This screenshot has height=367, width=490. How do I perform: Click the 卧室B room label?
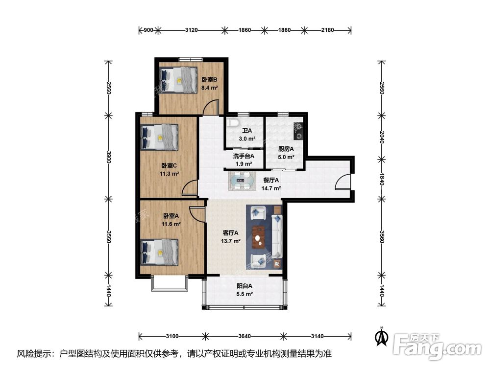(x=209, y=80)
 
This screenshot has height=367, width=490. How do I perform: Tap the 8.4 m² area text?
(x=209, y=88)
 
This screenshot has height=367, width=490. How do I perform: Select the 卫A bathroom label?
(x=247, y=131)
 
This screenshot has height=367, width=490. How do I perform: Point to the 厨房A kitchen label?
(x=286, y=149)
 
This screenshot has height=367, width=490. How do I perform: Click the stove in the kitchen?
(x=298, y=131)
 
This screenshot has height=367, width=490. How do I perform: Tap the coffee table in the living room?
(x=258, y=237)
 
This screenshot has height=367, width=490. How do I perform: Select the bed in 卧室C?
(x=159, y=137)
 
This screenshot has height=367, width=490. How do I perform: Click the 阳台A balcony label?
(x=244, y=286)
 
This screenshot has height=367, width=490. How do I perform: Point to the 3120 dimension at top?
(x=191, y=30)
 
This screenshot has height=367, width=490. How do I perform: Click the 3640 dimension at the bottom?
(x=245, y=336)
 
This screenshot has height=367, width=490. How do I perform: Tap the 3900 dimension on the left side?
(x=108, y=157)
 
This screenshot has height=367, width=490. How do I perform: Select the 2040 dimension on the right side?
(x=382, y=137)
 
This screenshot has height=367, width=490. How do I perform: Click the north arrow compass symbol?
(x=382, y=336)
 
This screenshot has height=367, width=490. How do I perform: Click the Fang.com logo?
(x=437, y=346)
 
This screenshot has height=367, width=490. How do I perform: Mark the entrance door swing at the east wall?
(x=343, y=182)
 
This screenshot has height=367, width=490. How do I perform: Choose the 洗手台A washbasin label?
(x=244, y=156)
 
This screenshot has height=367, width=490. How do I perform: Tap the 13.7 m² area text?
(x=231, y=241)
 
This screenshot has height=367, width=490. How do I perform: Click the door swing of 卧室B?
(x=210, y=107)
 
